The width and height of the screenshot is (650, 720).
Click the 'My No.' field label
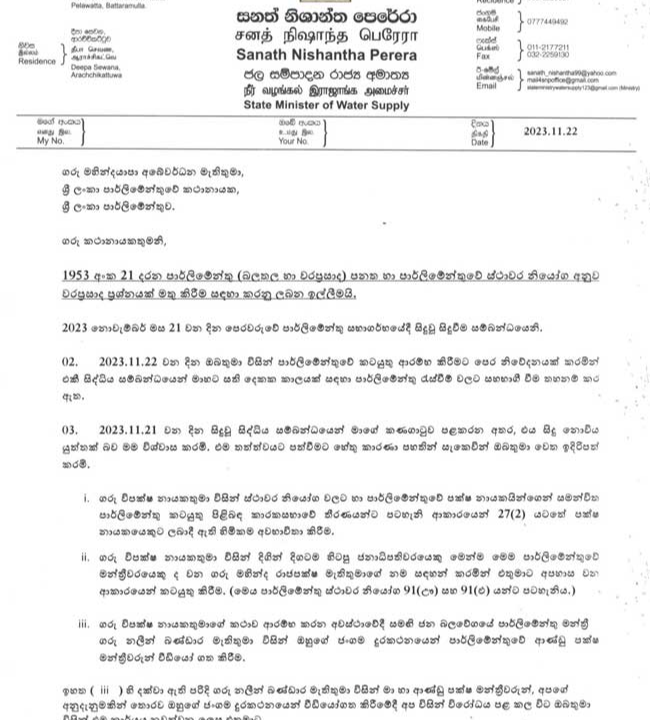point(50,141)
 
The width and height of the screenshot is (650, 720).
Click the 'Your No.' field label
point(294,141)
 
